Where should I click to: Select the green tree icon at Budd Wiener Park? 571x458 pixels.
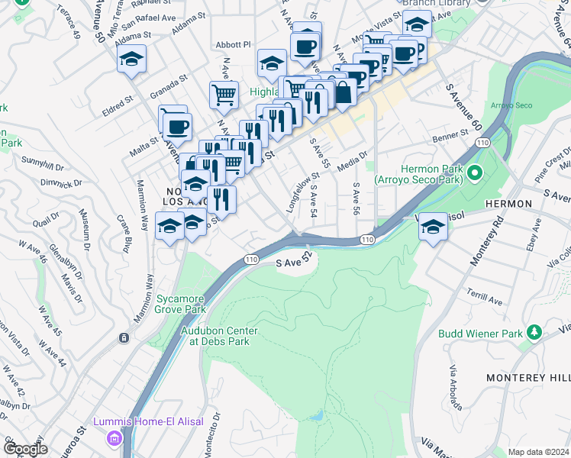(534, 332)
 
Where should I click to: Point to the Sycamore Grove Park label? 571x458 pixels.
(181, 305)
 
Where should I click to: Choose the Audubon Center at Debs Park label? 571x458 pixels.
(219, 336)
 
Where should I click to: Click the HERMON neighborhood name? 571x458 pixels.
(507, 204)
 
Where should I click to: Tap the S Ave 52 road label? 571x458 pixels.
(295, 263)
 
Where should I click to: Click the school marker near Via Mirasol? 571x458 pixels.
(433, 227)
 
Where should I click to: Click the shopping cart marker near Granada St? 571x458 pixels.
(224, 95)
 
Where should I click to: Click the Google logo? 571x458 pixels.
(25, 449)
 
